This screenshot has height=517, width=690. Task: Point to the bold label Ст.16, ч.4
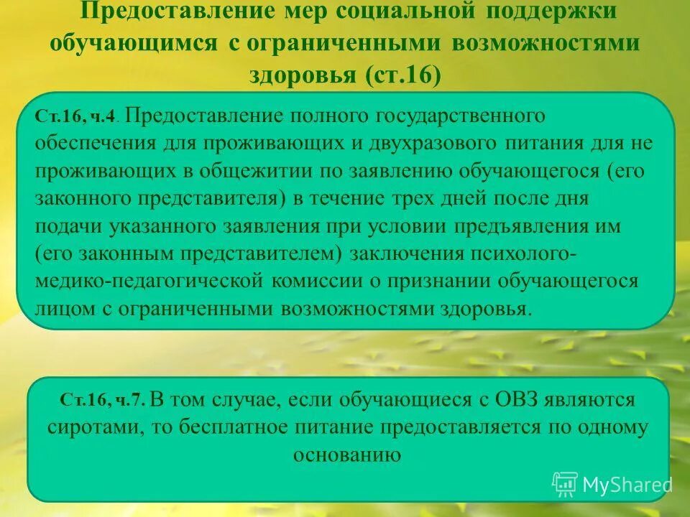(78, 117)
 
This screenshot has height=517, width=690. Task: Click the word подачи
(68, 226)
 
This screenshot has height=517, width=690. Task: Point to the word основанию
(346, 455)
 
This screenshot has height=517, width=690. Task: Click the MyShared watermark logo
(612, 485)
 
